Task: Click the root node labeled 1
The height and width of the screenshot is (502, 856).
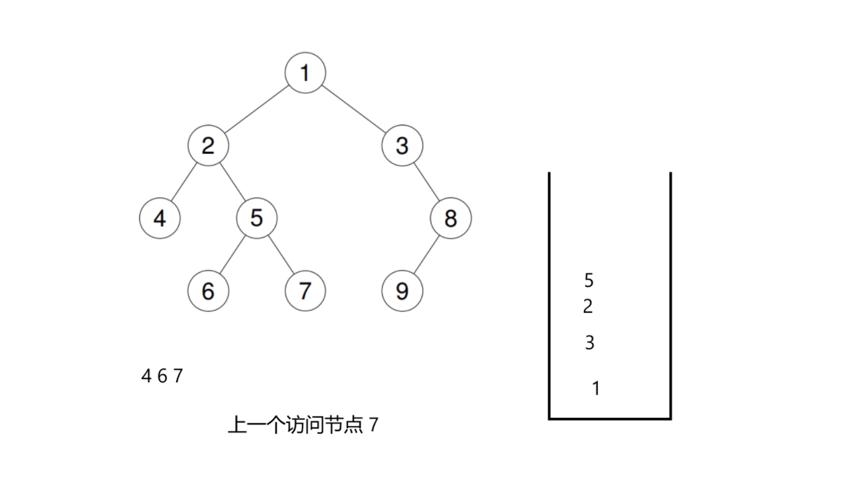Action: coord(305,73)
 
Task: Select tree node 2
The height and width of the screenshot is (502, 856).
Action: coord(208,146)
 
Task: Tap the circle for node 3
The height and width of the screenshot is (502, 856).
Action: coord(402,146)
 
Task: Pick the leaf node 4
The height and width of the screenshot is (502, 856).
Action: coord(160,218)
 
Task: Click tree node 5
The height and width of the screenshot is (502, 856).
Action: coord(256,218)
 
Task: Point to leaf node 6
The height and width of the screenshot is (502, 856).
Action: coord(208,291)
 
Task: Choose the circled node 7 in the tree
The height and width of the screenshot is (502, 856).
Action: coord(305,291)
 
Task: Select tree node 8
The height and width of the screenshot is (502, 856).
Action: coord(450,218)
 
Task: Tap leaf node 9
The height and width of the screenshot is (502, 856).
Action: coord(402,291)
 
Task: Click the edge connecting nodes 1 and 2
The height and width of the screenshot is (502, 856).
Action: coord(256,109)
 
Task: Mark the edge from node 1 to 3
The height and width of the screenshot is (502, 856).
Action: coord(354,109)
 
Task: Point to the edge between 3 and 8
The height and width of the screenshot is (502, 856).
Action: coord(426,182)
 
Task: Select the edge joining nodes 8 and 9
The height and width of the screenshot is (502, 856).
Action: coord(426,254)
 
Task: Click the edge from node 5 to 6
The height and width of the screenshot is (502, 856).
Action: coord(232,254)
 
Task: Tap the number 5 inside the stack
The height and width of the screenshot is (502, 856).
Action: coord(588,280)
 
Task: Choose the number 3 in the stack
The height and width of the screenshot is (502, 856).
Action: coord(590,343)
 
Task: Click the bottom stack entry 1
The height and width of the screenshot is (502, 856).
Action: coord(596,388)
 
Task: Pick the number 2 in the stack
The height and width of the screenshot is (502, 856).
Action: coord(588,307)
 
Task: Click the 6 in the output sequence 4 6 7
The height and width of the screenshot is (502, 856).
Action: coord(162,376)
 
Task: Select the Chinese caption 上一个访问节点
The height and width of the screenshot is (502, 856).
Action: coord(295,425)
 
